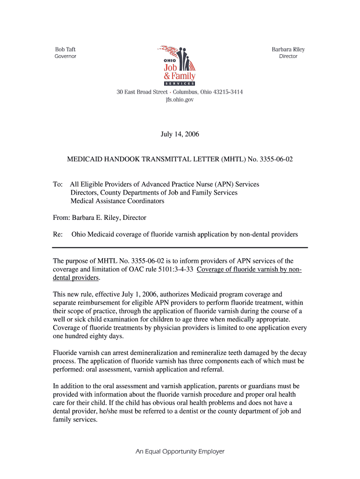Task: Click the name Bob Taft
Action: coord(65,49)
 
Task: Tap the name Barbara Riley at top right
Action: coord(288,49)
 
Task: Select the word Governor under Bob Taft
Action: coord(65,57)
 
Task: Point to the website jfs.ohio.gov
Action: coord(180,100)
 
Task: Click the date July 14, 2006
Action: coord(180,134)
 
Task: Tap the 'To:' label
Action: coord(58,184)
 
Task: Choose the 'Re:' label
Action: coord(58,234)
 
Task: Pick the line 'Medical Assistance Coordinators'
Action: coord(117,201)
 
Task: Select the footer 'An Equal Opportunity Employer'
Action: coord(180,451)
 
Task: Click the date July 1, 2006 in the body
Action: coord(136,294)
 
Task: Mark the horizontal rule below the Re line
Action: coord(180,247)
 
